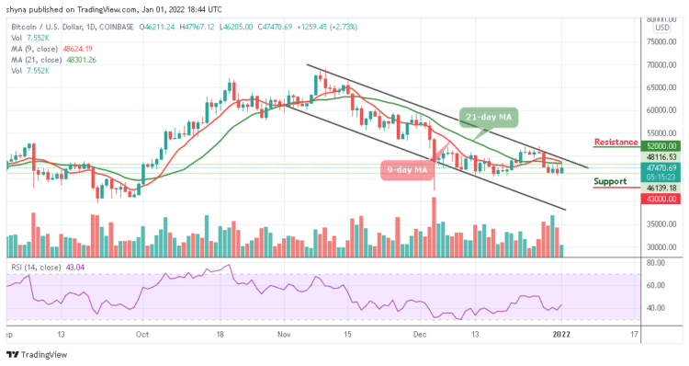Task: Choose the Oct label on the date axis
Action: click(x=141, y=337)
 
